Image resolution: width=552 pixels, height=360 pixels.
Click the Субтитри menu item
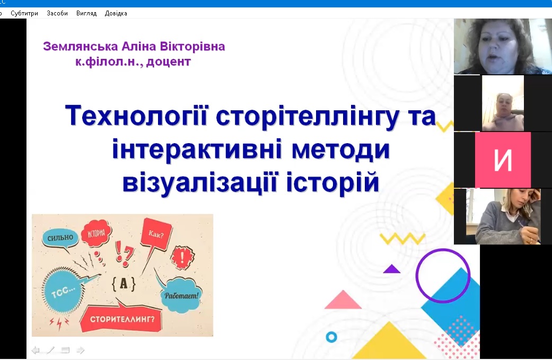tap(24, 13)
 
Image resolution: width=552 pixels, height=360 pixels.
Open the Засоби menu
tap(57, 13)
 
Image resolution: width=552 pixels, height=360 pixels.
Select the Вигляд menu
tap(86, 13)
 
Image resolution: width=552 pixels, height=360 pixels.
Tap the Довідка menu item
tap(116, 13)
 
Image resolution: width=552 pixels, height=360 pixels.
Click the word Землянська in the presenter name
tap(80, 47)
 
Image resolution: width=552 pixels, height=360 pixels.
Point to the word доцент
tap(169, 62)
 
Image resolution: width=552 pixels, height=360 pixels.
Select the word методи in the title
tap(340, 149)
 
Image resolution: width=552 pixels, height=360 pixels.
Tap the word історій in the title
tap(332, 182)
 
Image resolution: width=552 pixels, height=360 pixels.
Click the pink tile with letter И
tap(503, 160)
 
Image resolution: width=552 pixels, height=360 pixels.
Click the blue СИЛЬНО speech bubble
tap(60, 239)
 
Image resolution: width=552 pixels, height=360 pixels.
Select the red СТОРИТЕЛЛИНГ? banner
tap(121, 319)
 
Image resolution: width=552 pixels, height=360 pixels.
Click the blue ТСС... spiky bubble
tap(64, 291)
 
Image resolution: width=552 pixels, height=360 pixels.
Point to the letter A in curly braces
tap(124, 283)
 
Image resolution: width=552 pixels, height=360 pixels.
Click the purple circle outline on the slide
tap(417, 276)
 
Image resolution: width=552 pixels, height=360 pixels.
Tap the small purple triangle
tap(391, 269)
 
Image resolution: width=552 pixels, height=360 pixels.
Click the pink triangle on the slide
tap(343, 300)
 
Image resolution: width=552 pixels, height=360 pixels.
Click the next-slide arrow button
tap(80, 350)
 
